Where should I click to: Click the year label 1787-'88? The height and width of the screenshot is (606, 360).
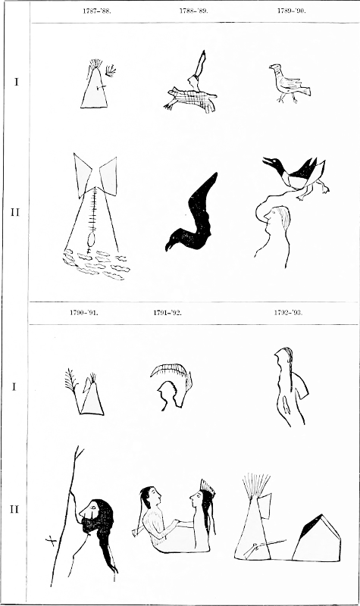(x=97, y=11)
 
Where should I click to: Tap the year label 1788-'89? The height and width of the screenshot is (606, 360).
(x=193, y=11)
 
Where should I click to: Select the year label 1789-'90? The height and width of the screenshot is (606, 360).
(x=291, y=11)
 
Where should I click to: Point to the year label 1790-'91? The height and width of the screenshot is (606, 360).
(x=84, y=312)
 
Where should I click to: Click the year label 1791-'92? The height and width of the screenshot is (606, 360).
(x=167, y=312)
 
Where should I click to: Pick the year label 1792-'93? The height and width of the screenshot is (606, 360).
(x=288, y=312)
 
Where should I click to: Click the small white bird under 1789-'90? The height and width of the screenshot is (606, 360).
(x=289, y=84)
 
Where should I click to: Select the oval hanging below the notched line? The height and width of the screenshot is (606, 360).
(x=91, y=239)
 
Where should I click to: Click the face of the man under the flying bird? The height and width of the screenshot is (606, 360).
(x=272, y=217)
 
